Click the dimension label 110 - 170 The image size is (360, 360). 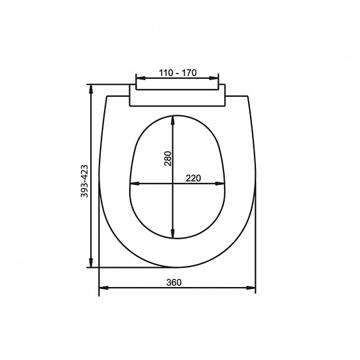pos(178,73)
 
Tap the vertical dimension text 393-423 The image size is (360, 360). pos(84,181)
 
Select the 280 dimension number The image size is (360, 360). pos(168,158)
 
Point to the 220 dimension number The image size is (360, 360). pos(193,178)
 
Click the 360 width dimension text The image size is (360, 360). pos(174,282)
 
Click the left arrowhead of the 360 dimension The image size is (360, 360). pos(104,288)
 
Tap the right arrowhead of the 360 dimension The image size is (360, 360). pos(251,288)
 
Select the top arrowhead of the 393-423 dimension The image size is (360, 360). pos(91,90)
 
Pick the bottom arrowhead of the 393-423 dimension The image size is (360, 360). pos(91,263)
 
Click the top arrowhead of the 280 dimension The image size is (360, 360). pos(173,121)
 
